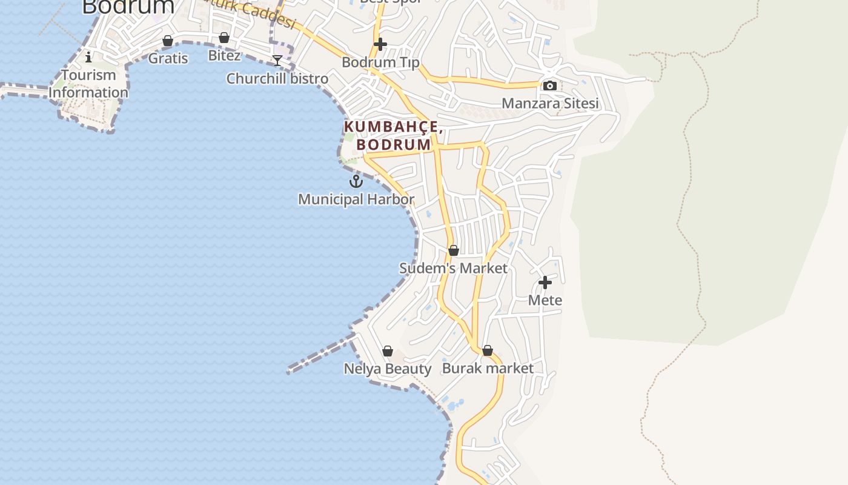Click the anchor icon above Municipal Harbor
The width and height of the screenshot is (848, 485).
pyautogui.click(x=356, y=181)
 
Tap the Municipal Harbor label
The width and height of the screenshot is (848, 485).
pyautogui.click(x=356, y=199)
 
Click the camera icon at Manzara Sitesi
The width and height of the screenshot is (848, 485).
pyautogui.click(x=549, y=85)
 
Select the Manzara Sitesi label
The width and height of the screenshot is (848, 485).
pyautogui.click(x=550, y=103)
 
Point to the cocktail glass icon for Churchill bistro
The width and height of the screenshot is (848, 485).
pyautogui.click(x=277, y=61)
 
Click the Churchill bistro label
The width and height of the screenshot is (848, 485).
pyautogui.click(x=277, y=78)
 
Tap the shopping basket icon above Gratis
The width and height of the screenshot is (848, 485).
pyautogui.click(x=168, y=41)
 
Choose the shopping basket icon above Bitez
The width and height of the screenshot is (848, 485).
pyautogui.click(x=224, y=38)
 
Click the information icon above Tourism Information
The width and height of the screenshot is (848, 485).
pyautogui.click(x=88, y=57)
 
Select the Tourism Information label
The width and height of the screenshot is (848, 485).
pyautogui.click(x=88, y=84)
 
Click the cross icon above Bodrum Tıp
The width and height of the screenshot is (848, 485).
pyautogui.click(x=380, y=44)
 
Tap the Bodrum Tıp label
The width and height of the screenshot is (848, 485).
pyautogui.click(x=380, y=62)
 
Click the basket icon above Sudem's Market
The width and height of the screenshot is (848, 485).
pyautogui.click(x=454, y=250)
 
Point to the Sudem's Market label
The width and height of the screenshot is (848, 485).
pyautogui.click(x=454, y=268)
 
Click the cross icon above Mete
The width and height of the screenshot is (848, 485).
pyautogui.click(x=545, y=283)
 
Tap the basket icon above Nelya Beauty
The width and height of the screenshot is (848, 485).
pyautogui.click(x=388, y=351)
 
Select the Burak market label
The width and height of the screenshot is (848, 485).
pyautogui.click(x=488, y=368)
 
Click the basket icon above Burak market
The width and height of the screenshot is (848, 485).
pyautogui.click(x=488, y=350)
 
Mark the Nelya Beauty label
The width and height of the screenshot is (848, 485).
pyautogui.click(x=388, y=369)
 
